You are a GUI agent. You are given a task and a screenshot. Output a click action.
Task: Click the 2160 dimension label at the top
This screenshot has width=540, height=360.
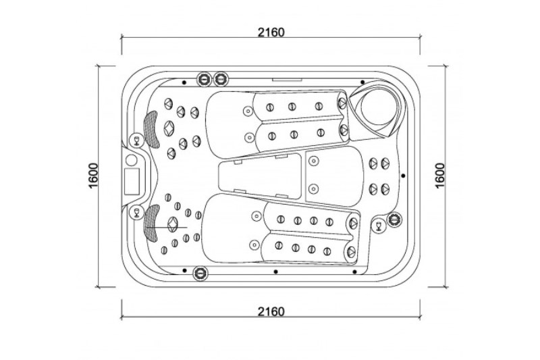tap(271, 32)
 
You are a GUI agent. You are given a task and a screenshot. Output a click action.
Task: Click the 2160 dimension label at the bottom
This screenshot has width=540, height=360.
tap(271, 311)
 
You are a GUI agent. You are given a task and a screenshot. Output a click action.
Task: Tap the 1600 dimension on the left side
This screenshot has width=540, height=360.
tap(94, 176)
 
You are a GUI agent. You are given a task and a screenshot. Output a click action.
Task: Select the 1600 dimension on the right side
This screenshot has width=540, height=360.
tap(440, 176)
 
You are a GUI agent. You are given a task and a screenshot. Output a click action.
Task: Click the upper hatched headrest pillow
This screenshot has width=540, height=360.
tap(151, 130)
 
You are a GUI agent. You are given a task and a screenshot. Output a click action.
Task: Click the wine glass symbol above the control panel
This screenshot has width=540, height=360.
tap(137, 140)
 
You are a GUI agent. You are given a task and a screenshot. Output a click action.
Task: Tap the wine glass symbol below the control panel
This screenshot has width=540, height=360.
tap(137, 212)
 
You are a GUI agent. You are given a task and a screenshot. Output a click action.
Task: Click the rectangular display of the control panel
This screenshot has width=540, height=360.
tap(132, 181)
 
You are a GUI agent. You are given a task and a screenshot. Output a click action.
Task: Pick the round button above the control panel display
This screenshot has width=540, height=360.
tap(131, 160)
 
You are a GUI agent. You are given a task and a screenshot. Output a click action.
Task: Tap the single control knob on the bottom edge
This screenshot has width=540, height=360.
tap(200, 273)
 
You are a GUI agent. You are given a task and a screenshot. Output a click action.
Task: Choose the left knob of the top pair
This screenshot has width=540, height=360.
tap(204, 79)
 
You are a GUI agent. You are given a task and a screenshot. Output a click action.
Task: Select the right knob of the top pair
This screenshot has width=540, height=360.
tap(221, 79)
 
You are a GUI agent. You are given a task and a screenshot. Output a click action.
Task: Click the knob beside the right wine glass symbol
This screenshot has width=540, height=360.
tap(394, 219)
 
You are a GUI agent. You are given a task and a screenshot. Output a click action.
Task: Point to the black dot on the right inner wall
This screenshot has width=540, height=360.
tap(403, 176)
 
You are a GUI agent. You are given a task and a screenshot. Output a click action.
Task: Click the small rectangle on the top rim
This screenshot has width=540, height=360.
tap(288, 80)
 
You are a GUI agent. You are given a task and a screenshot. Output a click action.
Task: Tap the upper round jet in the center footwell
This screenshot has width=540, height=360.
tap(313, 161)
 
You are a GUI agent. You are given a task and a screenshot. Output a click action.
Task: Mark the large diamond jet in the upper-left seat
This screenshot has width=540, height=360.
tap(169, 128)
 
